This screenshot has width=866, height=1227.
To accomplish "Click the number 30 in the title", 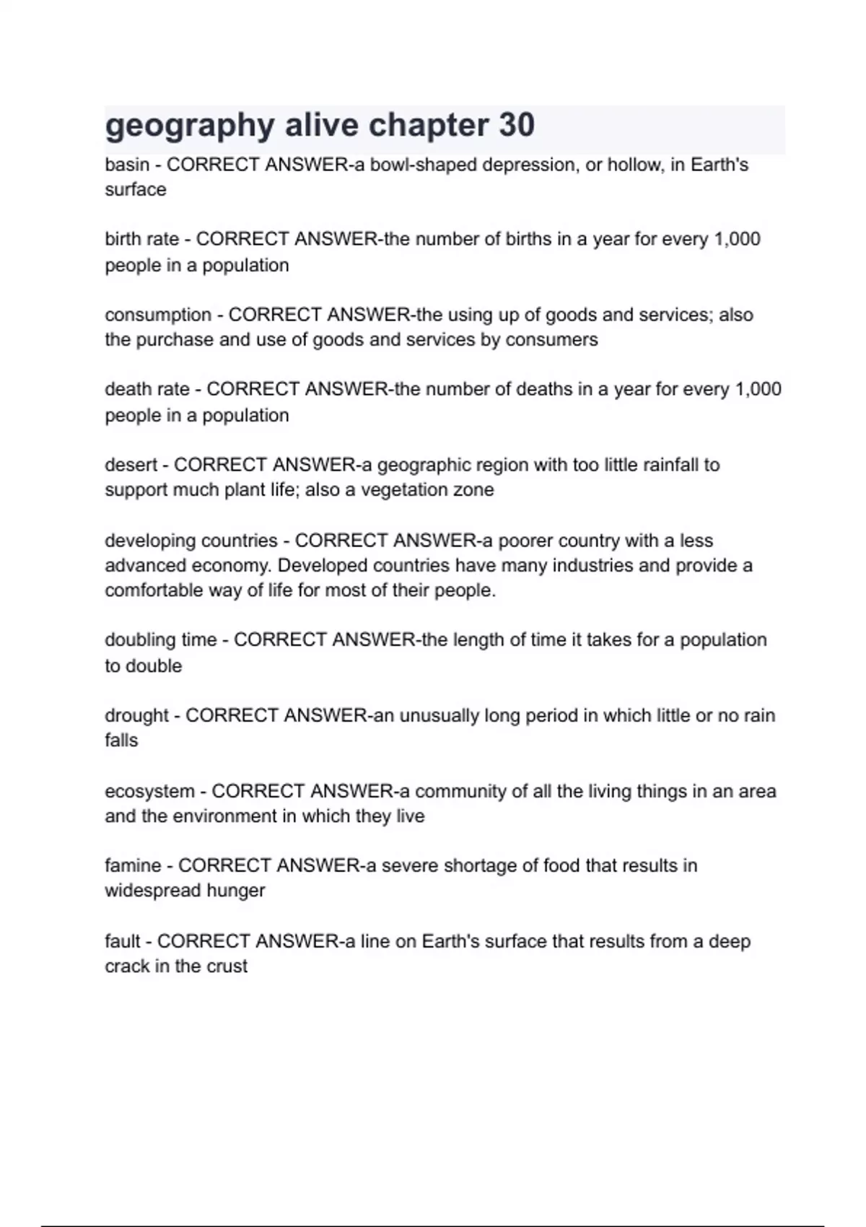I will click(516, 125).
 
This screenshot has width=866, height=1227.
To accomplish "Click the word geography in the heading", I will click(190, 126).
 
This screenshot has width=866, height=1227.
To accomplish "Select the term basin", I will click(127, 165).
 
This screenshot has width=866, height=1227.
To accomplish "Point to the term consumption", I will click(158, 315).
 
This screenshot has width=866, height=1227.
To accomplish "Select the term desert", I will click(131, 465).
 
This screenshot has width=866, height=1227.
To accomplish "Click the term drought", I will click(136, 716).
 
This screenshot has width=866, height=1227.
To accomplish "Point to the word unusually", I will click(439, 716).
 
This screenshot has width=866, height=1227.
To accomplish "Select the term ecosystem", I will click(149, 792).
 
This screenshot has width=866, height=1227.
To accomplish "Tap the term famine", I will click(133, 866).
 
